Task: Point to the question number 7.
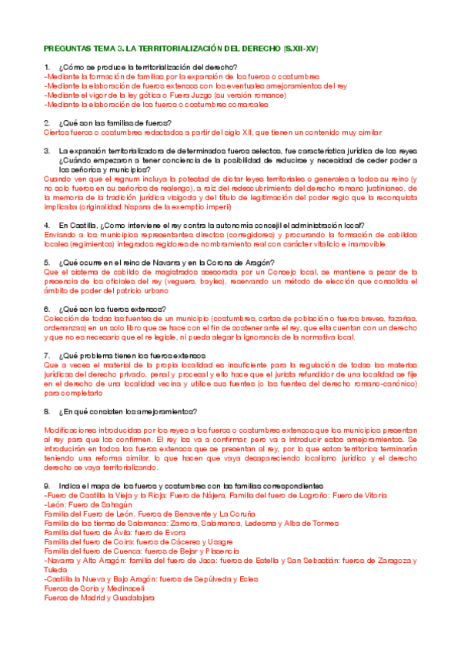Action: click(48, 355)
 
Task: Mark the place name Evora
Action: click(177, 532)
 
